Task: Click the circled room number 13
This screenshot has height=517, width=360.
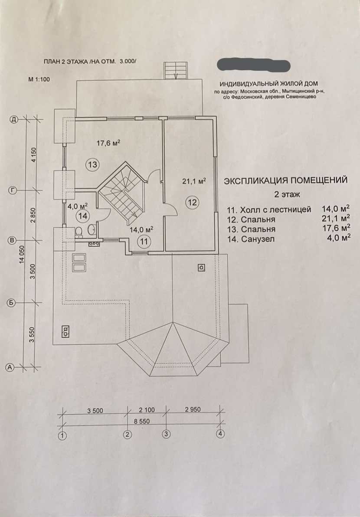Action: tap(93, 165)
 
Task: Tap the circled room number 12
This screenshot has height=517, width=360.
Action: tap(192, 201)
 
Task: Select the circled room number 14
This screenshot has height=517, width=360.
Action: tap(82, 215)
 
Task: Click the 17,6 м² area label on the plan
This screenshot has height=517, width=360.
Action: tap(108, 143)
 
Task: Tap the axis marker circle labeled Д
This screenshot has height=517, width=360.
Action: tap(14, 120)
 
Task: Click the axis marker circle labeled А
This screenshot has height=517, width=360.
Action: tap(10, 367)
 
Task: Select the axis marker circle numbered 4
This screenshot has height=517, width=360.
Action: tap(221, 434)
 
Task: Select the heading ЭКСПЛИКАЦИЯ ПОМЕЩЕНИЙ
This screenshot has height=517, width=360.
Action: tap(286, 180)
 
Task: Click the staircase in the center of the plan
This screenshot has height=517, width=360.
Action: tap(122, 189)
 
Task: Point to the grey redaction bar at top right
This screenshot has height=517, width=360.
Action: tap(253, 65)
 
